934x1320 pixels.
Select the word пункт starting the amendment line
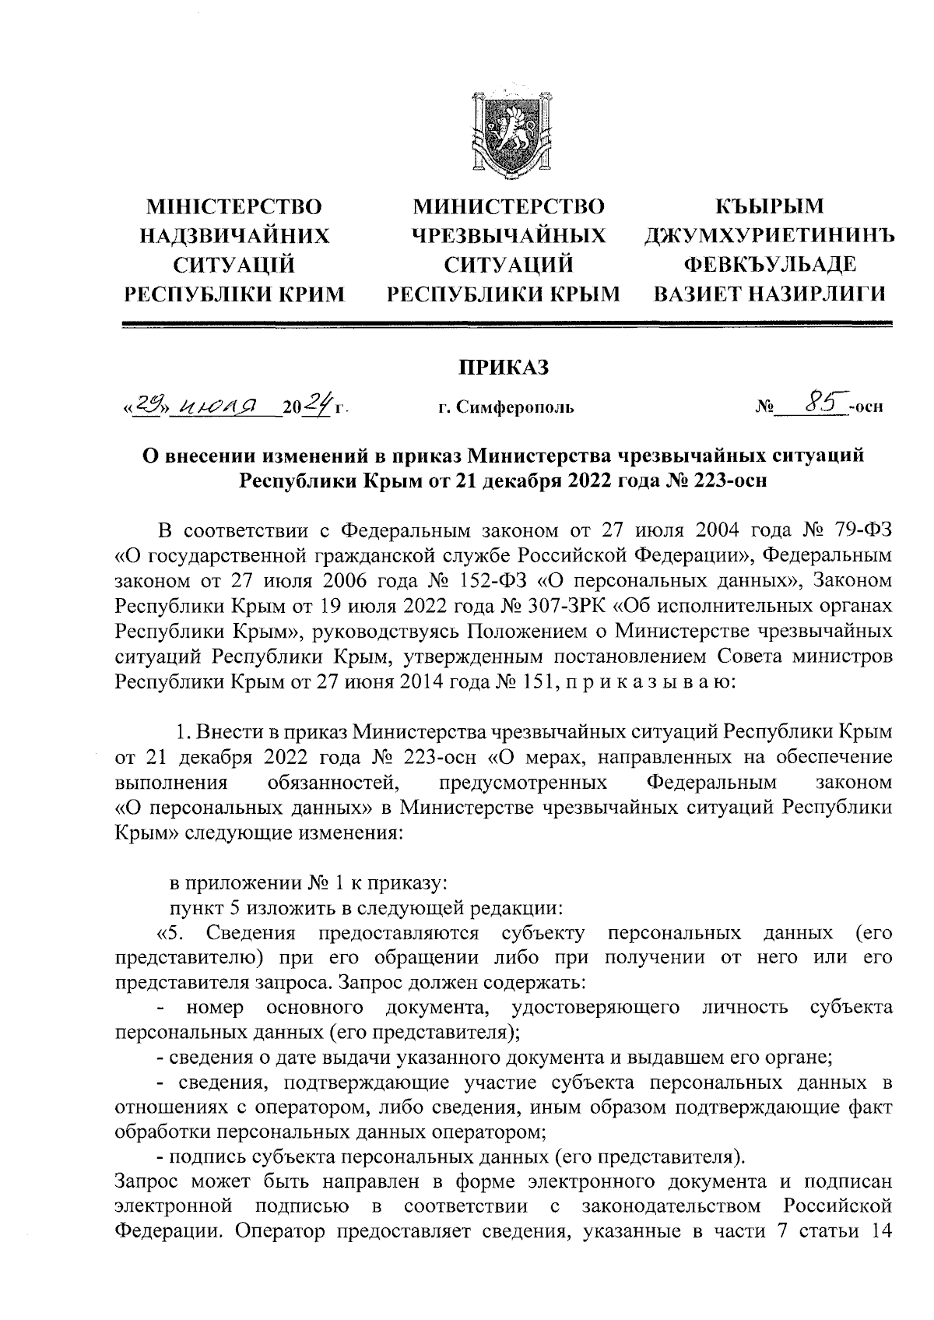195,908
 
